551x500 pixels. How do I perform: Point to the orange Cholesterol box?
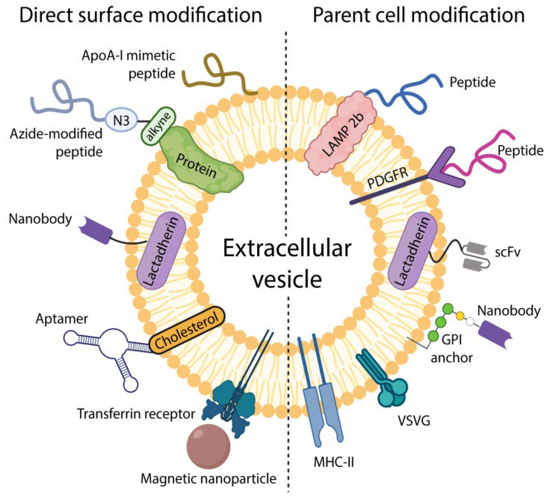coord(187,331)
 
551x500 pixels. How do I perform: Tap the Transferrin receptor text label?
coord(136,414)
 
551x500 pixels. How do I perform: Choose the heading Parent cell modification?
coord(418,15)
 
